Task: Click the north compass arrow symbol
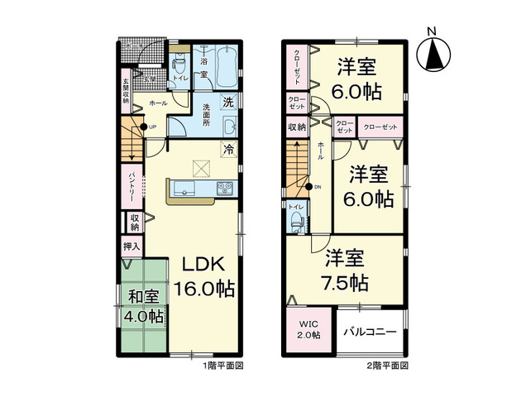[x=432, y=54]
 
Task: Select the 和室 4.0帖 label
[x=143, y=306]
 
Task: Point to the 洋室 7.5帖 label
[x=346, y=270]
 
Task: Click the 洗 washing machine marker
[x=227, y=103]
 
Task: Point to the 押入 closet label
[x=131, y=246]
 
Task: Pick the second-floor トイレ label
[x=294, y=207]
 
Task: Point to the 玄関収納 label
[x=127, y=92]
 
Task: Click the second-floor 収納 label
[x=297, y=127]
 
